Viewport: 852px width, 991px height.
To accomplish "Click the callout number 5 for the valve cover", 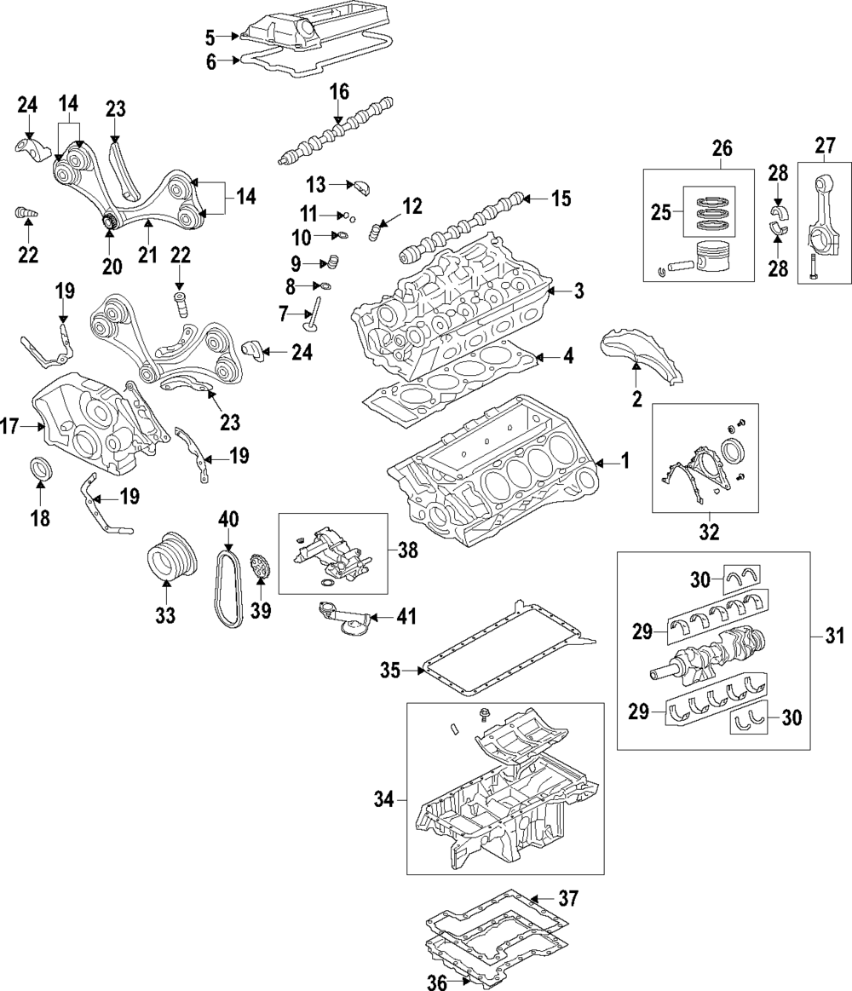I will click(210, 36).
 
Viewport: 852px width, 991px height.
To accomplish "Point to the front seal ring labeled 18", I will click(40, 469).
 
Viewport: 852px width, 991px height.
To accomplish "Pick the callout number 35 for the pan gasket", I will click(389, 671).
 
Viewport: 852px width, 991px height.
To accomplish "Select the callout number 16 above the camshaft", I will click(339, 91).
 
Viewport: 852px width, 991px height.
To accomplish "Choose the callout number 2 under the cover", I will click(636, 397).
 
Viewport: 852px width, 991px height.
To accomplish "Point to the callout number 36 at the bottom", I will click(437, 981).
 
